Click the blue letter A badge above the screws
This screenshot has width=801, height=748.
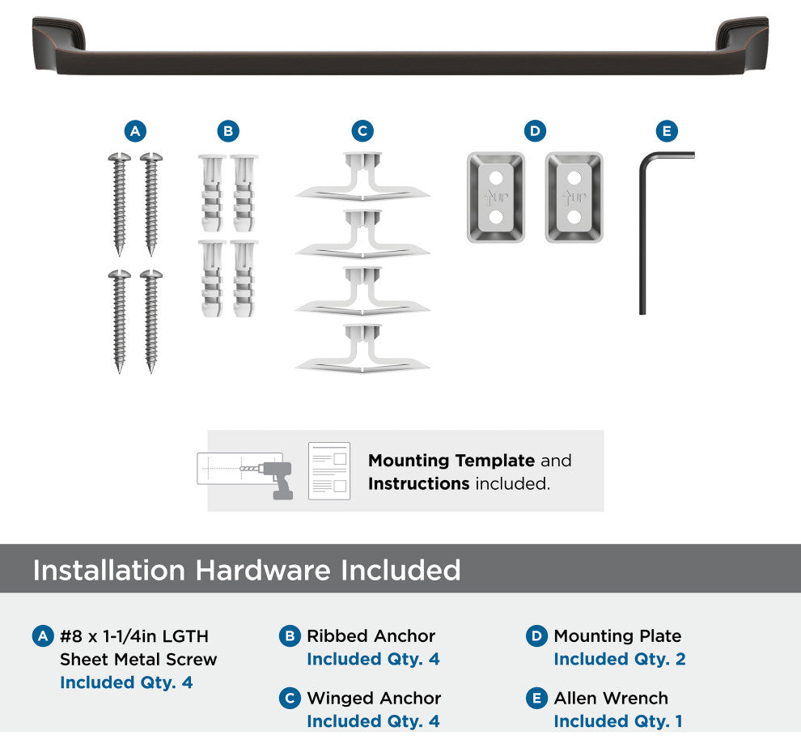[135, 131]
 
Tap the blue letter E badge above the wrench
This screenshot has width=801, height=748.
[667, 131]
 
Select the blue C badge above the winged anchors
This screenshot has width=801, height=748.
[362, 131]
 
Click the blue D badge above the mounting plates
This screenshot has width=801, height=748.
[535, 131]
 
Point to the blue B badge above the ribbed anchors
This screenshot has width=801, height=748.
[228, 131]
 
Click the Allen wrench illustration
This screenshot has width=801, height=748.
[642, 230]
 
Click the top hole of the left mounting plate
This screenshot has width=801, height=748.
[495, 178]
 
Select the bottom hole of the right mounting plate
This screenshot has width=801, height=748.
[574, 217]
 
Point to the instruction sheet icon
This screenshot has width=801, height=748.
[329, 471]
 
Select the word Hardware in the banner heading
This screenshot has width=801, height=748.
[263, 570]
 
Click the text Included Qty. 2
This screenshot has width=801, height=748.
[620, 659]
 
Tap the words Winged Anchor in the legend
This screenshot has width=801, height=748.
[374, 698]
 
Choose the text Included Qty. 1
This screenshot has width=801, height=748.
[618, 721]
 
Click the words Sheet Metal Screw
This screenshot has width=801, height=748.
[138, 659]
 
